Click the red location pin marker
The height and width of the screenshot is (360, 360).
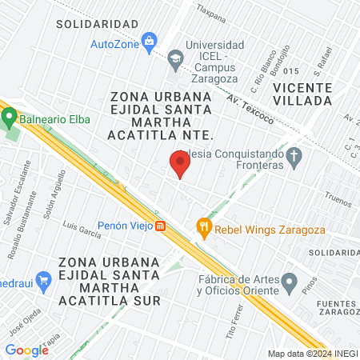tap(179, 165)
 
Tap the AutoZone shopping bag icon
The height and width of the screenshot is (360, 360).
tap(148, 42)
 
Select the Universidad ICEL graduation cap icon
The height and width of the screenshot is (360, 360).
tap(174, 57)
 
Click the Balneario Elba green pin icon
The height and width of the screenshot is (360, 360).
tap(10, 118)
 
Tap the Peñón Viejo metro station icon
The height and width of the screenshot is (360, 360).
tap(160, 226)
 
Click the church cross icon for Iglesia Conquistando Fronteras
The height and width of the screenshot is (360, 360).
tap(294, 158)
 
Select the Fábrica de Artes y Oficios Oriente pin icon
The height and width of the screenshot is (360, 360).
tap(290, 282)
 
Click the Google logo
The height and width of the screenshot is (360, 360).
tap(26, 350)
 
